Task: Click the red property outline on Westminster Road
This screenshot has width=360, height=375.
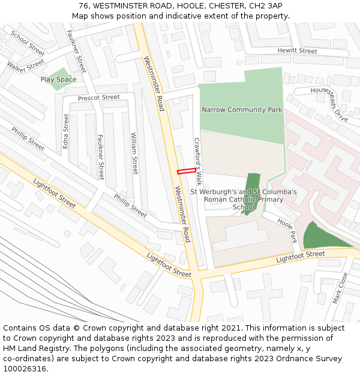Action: (x=187, y=171)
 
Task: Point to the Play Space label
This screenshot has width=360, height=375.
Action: (x=58, y=79)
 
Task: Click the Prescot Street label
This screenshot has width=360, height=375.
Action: (x=99, y=97)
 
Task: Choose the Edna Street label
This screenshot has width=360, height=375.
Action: (x=66, y=131)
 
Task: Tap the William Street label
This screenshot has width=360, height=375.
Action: (x=134, y=153)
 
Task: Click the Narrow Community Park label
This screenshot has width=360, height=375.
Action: (x=242, y=110)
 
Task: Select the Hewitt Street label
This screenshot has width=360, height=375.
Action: (x=297, y=52)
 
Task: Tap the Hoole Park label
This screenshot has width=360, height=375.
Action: (x=287, y=230)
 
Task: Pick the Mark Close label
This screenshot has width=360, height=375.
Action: (x=340, y=288)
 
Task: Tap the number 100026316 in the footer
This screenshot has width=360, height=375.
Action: (x=25, y=368)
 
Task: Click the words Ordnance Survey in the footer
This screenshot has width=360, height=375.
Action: (x=307, y=358)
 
